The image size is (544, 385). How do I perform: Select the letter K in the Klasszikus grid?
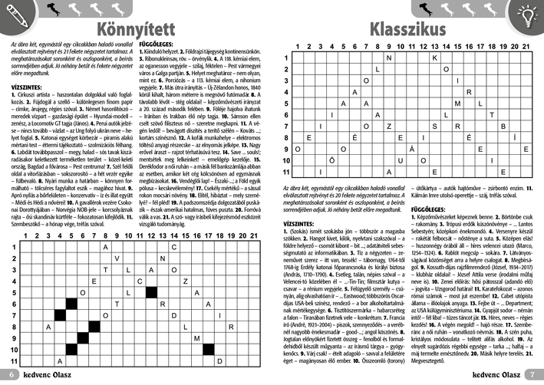point(434,58)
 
